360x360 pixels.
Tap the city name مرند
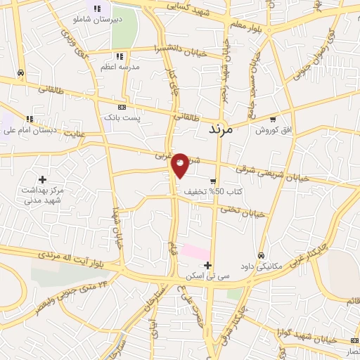coord(224,129)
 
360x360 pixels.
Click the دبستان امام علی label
coord(29,130)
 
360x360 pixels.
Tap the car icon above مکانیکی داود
coord(261,255)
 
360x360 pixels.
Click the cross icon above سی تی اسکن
coord(207,265)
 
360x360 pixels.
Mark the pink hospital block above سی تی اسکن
coord(195,251)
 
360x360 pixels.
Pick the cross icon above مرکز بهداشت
coord(42,179)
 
